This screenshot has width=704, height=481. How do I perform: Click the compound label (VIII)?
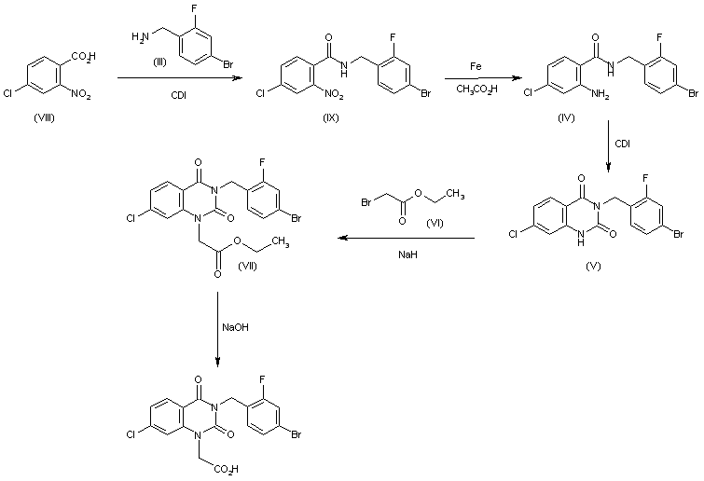(x=44, y=118)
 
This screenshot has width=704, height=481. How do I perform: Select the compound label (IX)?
(x=331, y=117)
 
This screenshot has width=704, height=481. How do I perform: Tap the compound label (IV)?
(x=566, y=117)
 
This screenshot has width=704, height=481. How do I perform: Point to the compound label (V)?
(x=593, y=266)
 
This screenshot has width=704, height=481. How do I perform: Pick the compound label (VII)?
(x=247, y=266)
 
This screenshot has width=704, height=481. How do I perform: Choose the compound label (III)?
(x=159, y=62)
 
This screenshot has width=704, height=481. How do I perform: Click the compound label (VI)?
(x=435, y=223)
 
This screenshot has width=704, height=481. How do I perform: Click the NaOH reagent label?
(x=235, y=327)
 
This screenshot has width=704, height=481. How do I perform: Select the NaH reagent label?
(x=407, y=254)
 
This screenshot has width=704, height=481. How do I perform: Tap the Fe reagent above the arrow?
(x=476, y=66)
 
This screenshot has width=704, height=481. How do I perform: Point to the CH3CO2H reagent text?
(x=476, y=89)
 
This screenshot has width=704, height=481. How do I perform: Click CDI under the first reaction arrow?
(x=178, y=95)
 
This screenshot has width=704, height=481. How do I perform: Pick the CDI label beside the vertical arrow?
(x=622, y=144)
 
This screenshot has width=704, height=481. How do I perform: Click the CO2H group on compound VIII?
(x=84, y=57)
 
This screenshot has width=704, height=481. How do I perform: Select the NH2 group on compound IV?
(x=600, y=94)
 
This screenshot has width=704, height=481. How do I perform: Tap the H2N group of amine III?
(x=141, y=36)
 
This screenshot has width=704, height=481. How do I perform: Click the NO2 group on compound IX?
(x=334, y=95)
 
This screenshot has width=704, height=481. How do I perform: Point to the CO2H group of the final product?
(x=227, y=470)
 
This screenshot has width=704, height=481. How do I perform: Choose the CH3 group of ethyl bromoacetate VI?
(x=455, y=194)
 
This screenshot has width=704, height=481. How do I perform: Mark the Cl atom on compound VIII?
(x=7, y=94)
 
